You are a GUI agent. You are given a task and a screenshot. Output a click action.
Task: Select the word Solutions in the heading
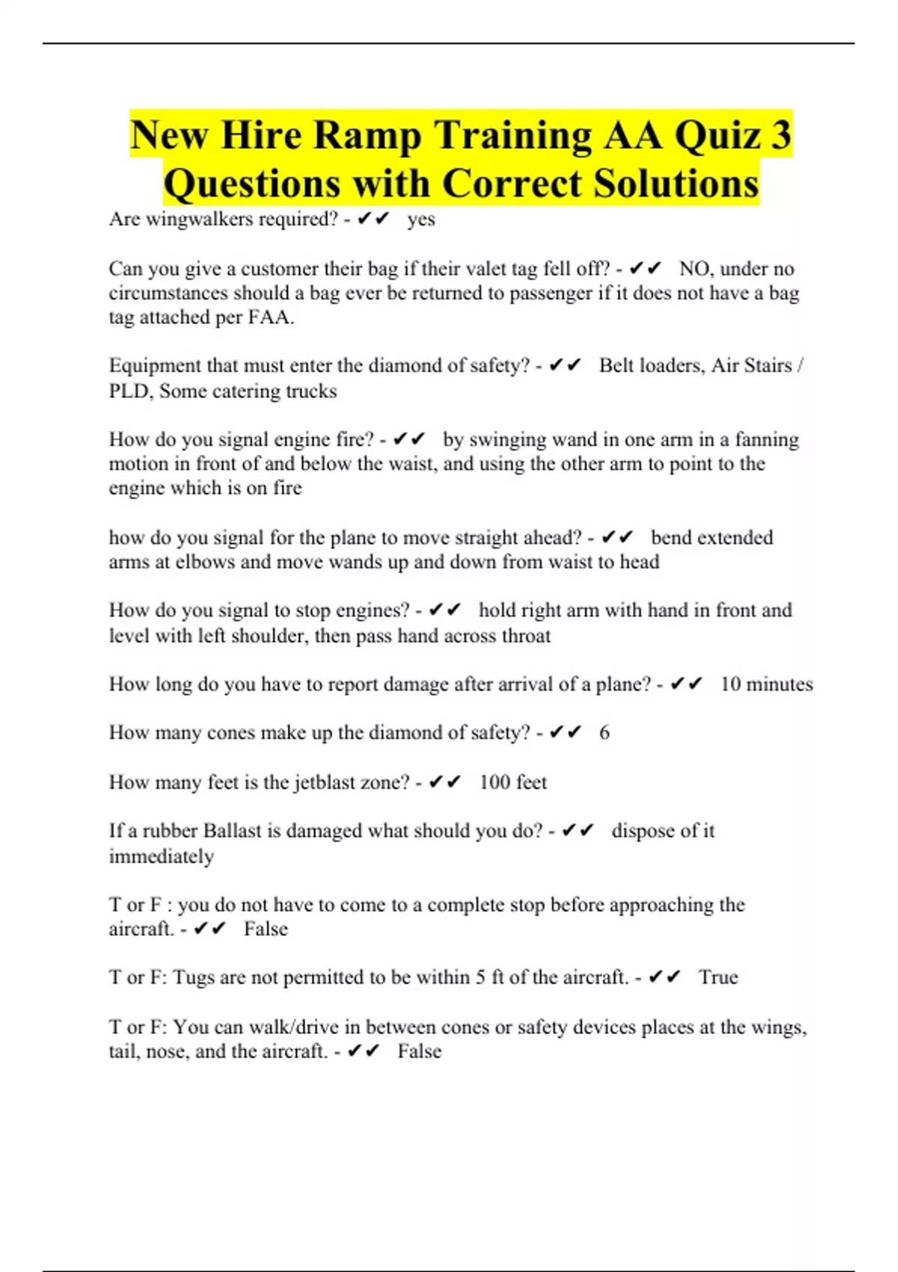pos(676,184)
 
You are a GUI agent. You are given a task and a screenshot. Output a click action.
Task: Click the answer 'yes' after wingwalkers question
pos(421,219)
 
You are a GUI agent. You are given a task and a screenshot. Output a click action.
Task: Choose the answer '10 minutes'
pos(766,684)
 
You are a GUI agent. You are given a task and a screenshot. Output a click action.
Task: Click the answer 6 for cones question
pos(604,733)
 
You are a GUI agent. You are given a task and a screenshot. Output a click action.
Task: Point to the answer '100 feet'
pos(513,783)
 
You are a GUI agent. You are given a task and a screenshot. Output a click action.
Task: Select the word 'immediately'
pos(161,856)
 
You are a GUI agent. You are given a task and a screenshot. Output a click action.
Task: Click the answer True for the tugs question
pos(718,977)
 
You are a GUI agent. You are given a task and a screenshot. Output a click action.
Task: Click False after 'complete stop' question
pos(266,929)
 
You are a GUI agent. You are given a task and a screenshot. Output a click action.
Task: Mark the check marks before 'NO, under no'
pos(645,269)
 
